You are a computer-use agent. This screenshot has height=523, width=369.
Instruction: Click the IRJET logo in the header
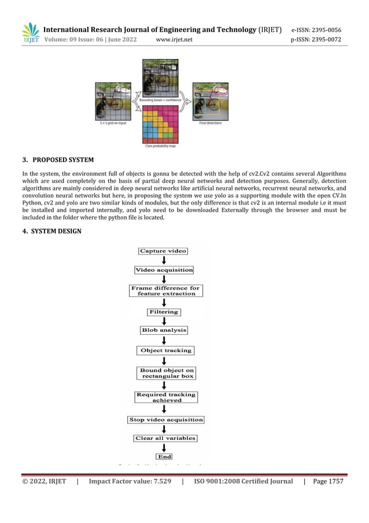pos(31,33)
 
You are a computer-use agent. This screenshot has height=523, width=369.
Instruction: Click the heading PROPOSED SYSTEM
pos(63,160)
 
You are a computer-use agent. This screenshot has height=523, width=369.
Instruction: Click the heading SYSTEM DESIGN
pos(60,232)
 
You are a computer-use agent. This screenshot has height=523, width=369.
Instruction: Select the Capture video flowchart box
pos(163,251)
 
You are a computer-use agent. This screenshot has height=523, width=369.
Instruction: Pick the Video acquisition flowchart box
pos(164,270)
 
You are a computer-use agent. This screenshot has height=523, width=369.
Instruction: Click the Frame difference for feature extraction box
pos(165,291)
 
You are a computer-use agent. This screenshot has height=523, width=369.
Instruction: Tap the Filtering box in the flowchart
pos(164,312)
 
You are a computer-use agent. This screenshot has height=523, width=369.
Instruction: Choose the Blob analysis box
pos(164,330)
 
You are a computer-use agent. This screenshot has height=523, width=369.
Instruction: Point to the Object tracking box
pos(165,350)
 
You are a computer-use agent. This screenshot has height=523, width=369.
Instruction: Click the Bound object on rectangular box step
pos(167,373)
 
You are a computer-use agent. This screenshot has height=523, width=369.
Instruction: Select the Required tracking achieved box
pos(167,397)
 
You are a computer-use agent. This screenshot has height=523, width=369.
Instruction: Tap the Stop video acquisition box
pos(165,419)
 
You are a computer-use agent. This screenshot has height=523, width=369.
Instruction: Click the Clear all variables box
pos(165,438)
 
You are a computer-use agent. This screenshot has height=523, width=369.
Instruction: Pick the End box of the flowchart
pos(165,456)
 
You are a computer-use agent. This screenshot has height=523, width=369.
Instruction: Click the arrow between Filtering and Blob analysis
pos(164,321)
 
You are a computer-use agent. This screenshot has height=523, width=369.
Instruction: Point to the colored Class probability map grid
pos(160,124)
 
